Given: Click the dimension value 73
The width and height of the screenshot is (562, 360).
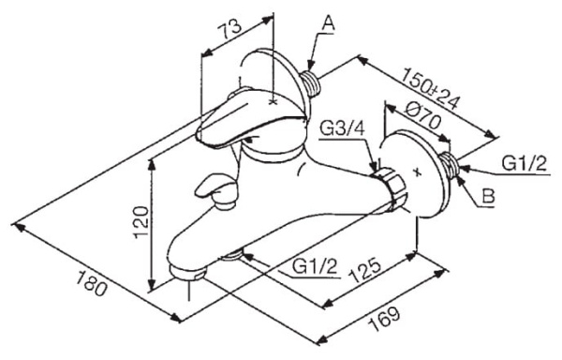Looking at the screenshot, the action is click(230, 29).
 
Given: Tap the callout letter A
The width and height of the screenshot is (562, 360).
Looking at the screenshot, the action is click(329, 23).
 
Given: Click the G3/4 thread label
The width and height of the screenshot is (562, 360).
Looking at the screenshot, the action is click(342, 128).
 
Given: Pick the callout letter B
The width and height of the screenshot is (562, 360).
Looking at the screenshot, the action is click(488, 196).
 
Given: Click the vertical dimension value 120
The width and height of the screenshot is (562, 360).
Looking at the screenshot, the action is click(141, 222).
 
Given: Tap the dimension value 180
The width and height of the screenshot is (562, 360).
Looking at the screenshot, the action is click(91, 283).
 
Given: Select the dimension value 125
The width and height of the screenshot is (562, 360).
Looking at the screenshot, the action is click(364, 269).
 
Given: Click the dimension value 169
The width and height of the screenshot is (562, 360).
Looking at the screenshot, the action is click(384, 319).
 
